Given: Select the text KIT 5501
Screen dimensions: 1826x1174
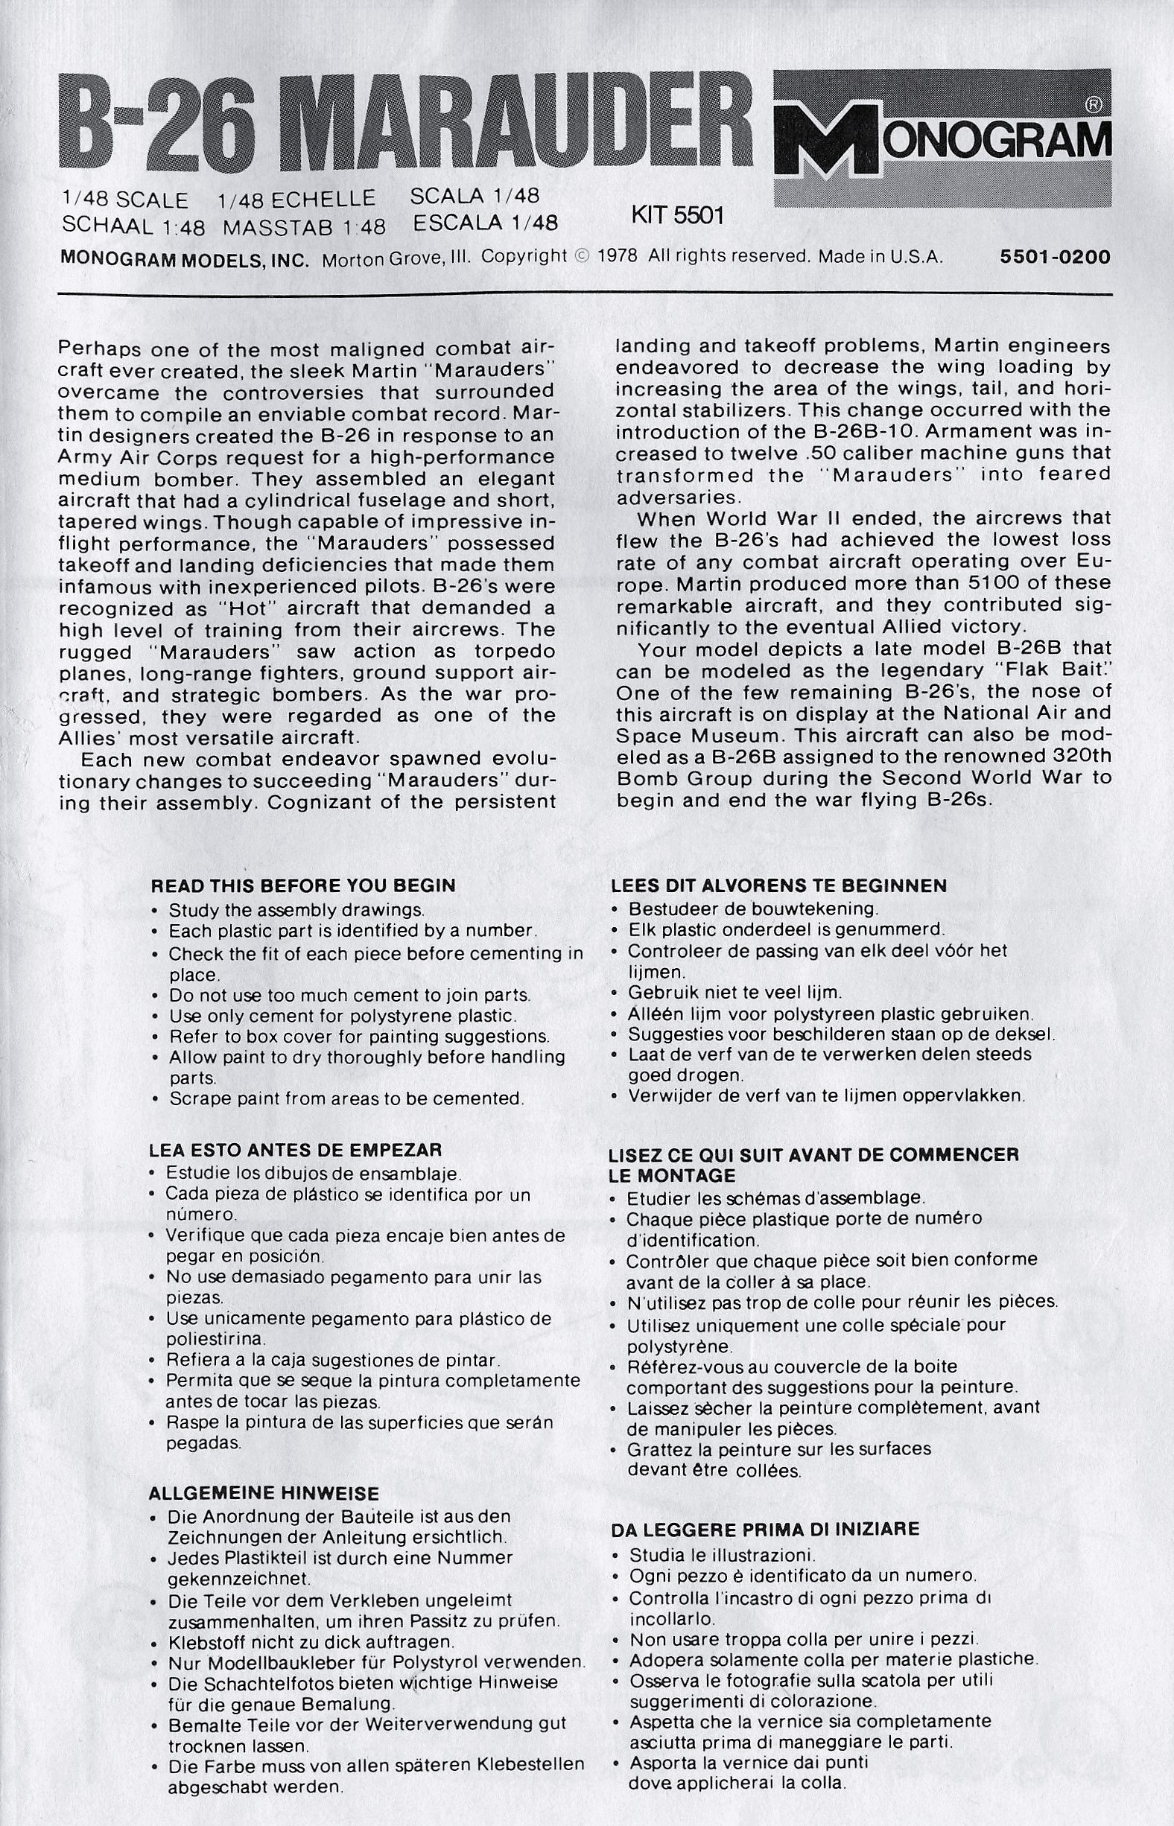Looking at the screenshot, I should (x=677, y=217).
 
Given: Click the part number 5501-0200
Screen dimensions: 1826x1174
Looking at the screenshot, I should (x=1055, y=257).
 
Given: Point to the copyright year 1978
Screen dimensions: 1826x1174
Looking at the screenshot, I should (x=618, y=257).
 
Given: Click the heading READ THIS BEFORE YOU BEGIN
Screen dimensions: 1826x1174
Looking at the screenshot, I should (x=303, y=886).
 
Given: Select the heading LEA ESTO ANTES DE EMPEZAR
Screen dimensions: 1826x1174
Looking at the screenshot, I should (x=295, y=1150).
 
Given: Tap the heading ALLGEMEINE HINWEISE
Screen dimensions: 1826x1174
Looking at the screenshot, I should (x=264, y=1493).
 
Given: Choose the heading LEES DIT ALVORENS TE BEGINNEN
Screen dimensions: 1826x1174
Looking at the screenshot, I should (x=779, y=886).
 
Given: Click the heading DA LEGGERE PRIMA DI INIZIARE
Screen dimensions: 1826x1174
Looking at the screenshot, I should (x=765, y=1530).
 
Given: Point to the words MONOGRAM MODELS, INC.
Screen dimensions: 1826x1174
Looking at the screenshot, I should (x=185, y=259).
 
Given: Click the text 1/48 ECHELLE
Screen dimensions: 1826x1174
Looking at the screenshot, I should (x=296, y=200).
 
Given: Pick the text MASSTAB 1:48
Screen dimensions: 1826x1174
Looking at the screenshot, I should (x=304, y=227).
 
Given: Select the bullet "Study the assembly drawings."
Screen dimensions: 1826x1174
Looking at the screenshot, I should (x=296, y=910).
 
